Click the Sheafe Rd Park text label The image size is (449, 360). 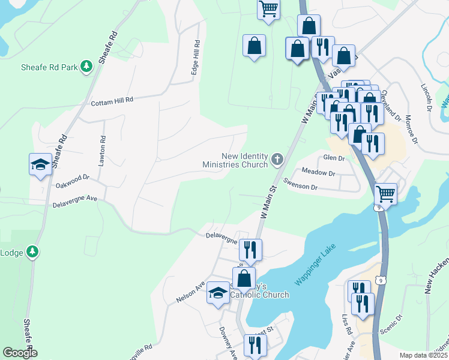click(x=49, y=67)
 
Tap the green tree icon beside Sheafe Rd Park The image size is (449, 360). click(x=86, y=67)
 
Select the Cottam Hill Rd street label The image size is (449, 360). click(x=111, y=103)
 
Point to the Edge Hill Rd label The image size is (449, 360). click(x=195, y=58)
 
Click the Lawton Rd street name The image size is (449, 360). click(x=103, y=147)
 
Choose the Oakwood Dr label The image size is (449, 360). click(x=72, y=178)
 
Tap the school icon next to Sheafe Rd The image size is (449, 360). click(x=40, y=165)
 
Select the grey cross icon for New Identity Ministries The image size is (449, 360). click(x=277, y=159)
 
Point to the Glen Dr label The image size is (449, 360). click(x=334, y=158)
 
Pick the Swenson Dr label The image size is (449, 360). click(x=300, y=187)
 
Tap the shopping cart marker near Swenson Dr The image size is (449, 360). click(x=385, y=194)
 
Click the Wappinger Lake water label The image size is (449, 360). click(x=316, y=265)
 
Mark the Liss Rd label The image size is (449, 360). click(x=346, y=325)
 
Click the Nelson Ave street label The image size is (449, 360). click(x=190, y=291)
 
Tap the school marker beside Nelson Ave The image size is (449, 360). click(x=218, y=293)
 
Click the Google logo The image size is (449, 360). click(x=20, y=353)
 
